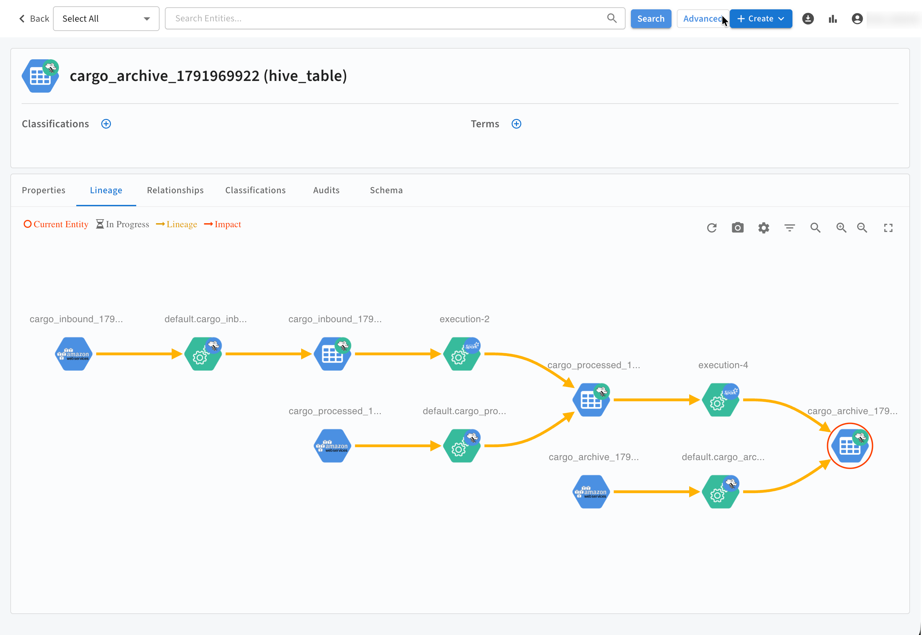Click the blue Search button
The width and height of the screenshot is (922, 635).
pyautogui.click(x=651, y=19)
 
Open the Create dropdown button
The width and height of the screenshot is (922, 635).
pyautogui.click(x=760, y=19)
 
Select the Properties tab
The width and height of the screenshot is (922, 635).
pyautogui.click(x=44, y=190)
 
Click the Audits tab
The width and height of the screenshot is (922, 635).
pyautogui.click(x=326, y=190)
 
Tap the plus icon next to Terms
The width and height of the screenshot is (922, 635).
pyautogui.click(x=516, y=124)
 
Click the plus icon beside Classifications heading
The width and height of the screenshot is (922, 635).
pyautogui.click(x=106, y=124)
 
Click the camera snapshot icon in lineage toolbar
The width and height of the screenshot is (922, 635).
pyautogui.click(x=737, y=228)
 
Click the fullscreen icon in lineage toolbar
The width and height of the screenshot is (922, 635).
pyautogui.click(x=888, y=228)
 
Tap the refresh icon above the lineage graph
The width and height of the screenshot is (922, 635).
pyautogui.click(x=711, y=228)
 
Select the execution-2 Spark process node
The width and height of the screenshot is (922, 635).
pyautogui.click(x=462, y=354)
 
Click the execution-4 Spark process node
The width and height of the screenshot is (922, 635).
pyautogui.click(x=721, y=400)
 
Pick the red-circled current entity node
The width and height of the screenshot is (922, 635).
pyautogui.click(x=850, y=446)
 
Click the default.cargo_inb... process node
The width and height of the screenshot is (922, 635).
pyautogui.click(x=203, y=354)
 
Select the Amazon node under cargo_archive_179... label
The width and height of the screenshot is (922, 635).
pyautogui.click(x=592, y=492)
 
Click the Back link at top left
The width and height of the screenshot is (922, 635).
pyautogui.click(x=34, y=19)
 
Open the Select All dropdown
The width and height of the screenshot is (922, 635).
pyautogui.click(x=106, y=19)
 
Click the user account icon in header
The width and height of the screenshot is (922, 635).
pyautogui.click(x=857, y=19)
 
